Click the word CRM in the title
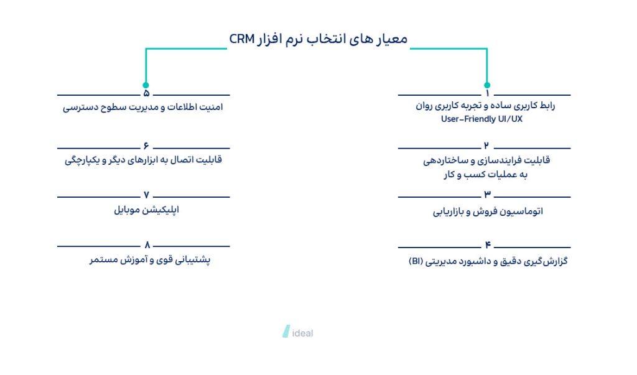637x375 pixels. pos(242,39)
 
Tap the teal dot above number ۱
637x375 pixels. pos(487,85)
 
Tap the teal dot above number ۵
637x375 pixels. pos(146,85)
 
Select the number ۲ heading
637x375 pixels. pos(486,146)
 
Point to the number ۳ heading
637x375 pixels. pos(487,194)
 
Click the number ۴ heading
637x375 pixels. pos(488,244)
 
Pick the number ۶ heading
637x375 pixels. pos(146,146)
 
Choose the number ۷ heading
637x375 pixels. pos(146,195)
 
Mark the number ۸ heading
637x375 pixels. pos(147,245)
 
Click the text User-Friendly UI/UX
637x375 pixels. pos(482,119)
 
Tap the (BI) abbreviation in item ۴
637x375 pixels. pos(416,261)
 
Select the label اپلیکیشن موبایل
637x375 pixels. pos(146,210)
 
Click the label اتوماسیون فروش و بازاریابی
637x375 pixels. pos(488,211)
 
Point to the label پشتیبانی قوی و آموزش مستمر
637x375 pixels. pos(150,259)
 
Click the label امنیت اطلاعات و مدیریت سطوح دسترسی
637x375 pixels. pos(143,107)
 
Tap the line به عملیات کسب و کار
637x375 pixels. pos(485,175)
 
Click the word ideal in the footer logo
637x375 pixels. pos(303,333)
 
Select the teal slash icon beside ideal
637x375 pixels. pos(286,331)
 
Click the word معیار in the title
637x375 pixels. pos(392,39)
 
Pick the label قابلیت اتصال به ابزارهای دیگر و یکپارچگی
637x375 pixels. pos(144,160)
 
